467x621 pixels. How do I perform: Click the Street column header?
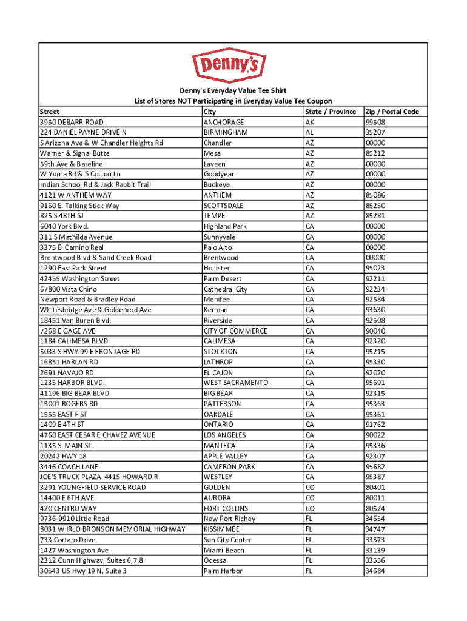click(50, 112)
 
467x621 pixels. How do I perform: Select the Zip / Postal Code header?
click(392, 112)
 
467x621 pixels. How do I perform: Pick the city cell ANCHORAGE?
click(224, 122)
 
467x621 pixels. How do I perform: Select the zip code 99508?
click(375, 122)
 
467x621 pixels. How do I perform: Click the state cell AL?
click(310, 132)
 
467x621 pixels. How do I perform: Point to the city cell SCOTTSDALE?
click(224, 206)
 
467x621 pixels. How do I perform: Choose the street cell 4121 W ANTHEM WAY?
click(76, 195)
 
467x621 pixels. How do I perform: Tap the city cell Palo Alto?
click(218, 247)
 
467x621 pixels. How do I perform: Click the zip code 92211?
click(375, 279)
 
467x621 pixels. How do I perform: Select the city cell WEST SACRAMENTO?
click(236, 383)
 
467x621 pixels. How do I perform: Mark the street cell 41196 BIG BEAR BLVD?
click(75, 393)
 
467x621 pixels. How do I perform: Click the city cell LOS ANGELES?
click(225, 435)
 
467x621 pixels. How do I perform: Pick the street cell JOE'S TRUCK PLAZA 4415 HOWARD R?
click(99, 477)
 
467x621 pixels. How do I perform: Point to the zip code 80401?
click(375, 487)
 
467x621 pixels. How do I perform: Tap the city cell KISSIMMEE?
click(222, 529)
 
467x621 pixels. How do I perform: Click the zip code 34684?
click(375, 571)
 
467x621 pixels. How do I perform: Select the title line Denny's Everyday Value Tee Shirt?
click(233, 90)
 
